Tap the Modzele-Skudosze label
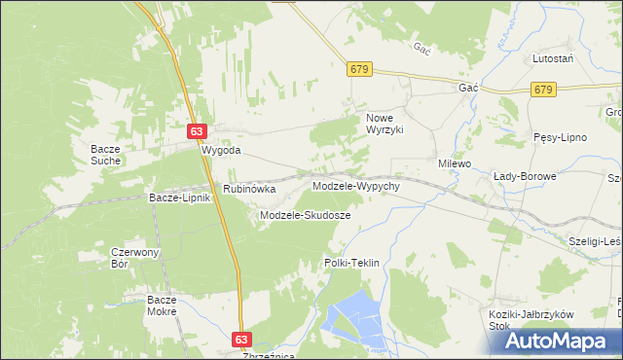(x=305, y=215)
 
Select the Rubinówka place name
(x=249, y=189)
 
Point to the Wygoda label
(x=220, y=152)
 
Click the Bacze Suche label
(x=105, y=154)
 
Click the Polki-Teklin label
(x=350, y=264)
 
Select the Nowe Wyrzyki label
(x=384, y=124)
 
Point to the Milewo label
(x=454, y=164)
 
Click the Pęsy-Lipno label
(x=560, y=137)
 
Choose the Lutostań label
(x=552, y=59)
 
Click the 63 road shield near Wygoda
(x=197, y=131)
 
